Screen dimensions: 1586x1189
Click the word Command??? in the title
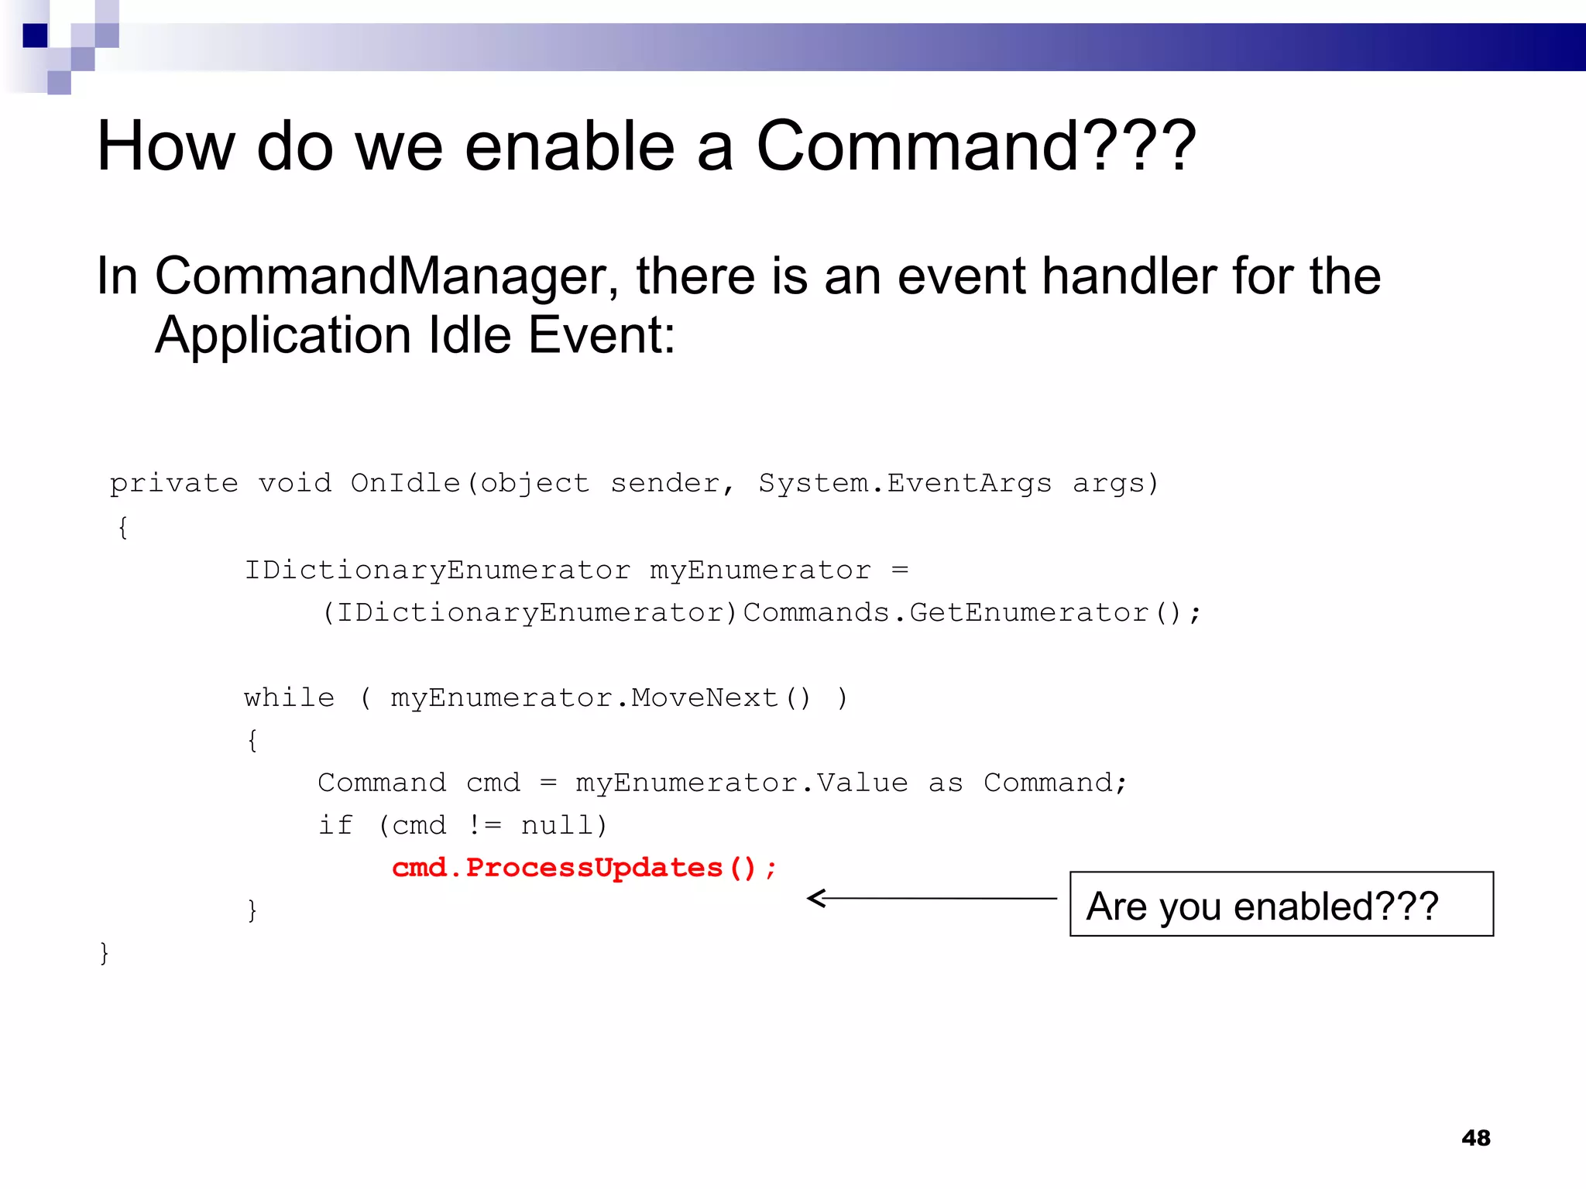(x=976, y=146)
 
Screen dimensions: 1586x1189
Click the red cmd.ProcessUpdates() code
(x=583, y=868)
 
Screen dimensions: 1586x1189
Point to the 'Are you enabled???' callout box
(x=1281, y=904)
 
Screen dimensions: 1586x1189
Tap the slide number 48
(x=1475, y=1137)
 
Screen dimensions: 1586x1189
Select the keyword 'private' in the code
(x=173, y=484)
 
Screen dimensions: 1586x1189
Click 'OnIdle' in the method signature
(x=405, y=483)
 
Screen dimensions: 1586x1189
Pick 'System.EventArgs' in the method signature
(x=905, y=483)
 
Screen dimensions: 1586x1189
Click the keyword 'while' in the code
(x=290, y=698)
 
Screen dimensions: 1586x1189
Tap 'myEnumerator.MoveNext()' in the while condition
(x=600, y=698)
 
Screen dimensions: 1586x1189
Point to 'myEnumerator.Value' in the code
(x=741, y=783)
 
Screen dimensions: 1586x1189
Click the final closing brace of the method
(x=105, y=953)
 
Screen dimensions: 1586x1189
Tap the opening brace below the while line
(x=252, y=741)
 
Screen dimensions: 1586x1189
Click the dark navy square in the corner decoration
(x=35, y=36)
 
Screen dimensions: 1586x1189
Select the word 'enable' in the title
(x=569, y=146)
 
